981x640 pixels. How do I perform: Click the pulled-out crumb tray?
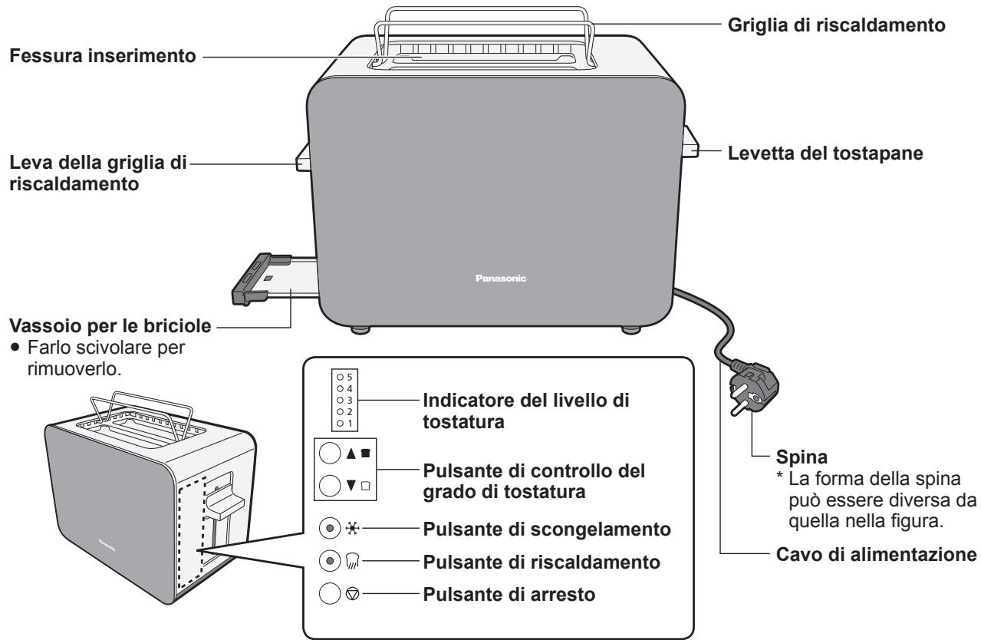point(277,277)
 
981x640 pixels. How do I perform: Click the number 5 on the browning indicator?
point(349,378)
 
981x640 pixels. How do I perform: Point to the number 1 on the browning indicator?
point(349,424)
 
